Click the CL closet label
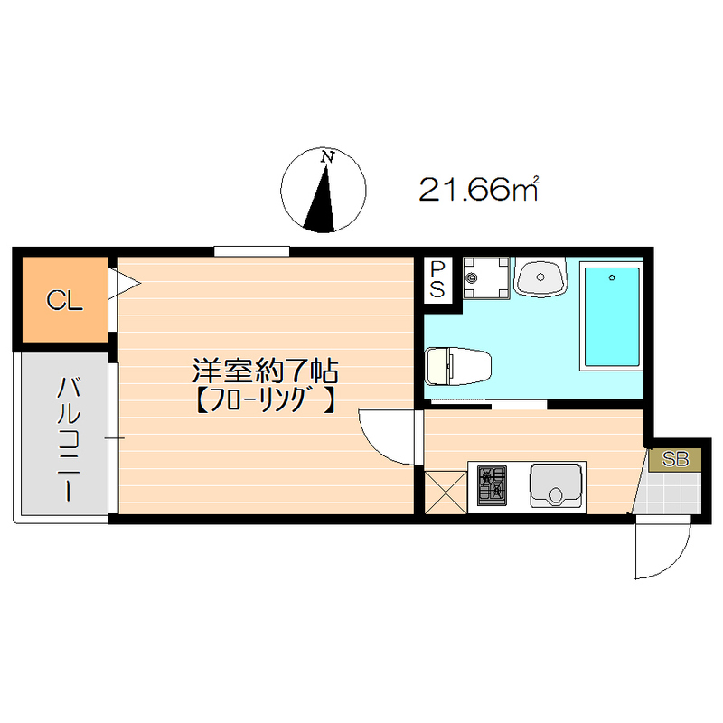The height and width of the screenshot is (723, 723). pos(65,301)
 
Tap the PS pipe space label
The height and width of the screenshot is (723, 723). pos(437,279)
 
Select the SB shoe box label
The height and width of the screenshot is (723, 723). pos(676,459)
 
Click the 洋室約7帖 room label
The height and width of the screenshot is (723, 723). pos(266,370)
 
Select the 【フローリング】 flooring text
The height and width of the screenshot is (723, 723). pos(266,399)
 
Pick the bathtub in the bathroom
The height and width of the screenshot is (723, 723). pos(611,315)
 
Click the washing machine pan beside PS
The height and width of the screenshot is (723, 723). pos(486,277)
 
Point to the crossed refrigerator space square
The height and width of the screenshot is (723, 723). pos(445,492)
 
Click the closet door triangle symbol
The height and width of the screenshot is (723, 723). pos(124,283)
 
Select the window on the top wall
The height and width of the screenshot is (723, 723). pos(252,250)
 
